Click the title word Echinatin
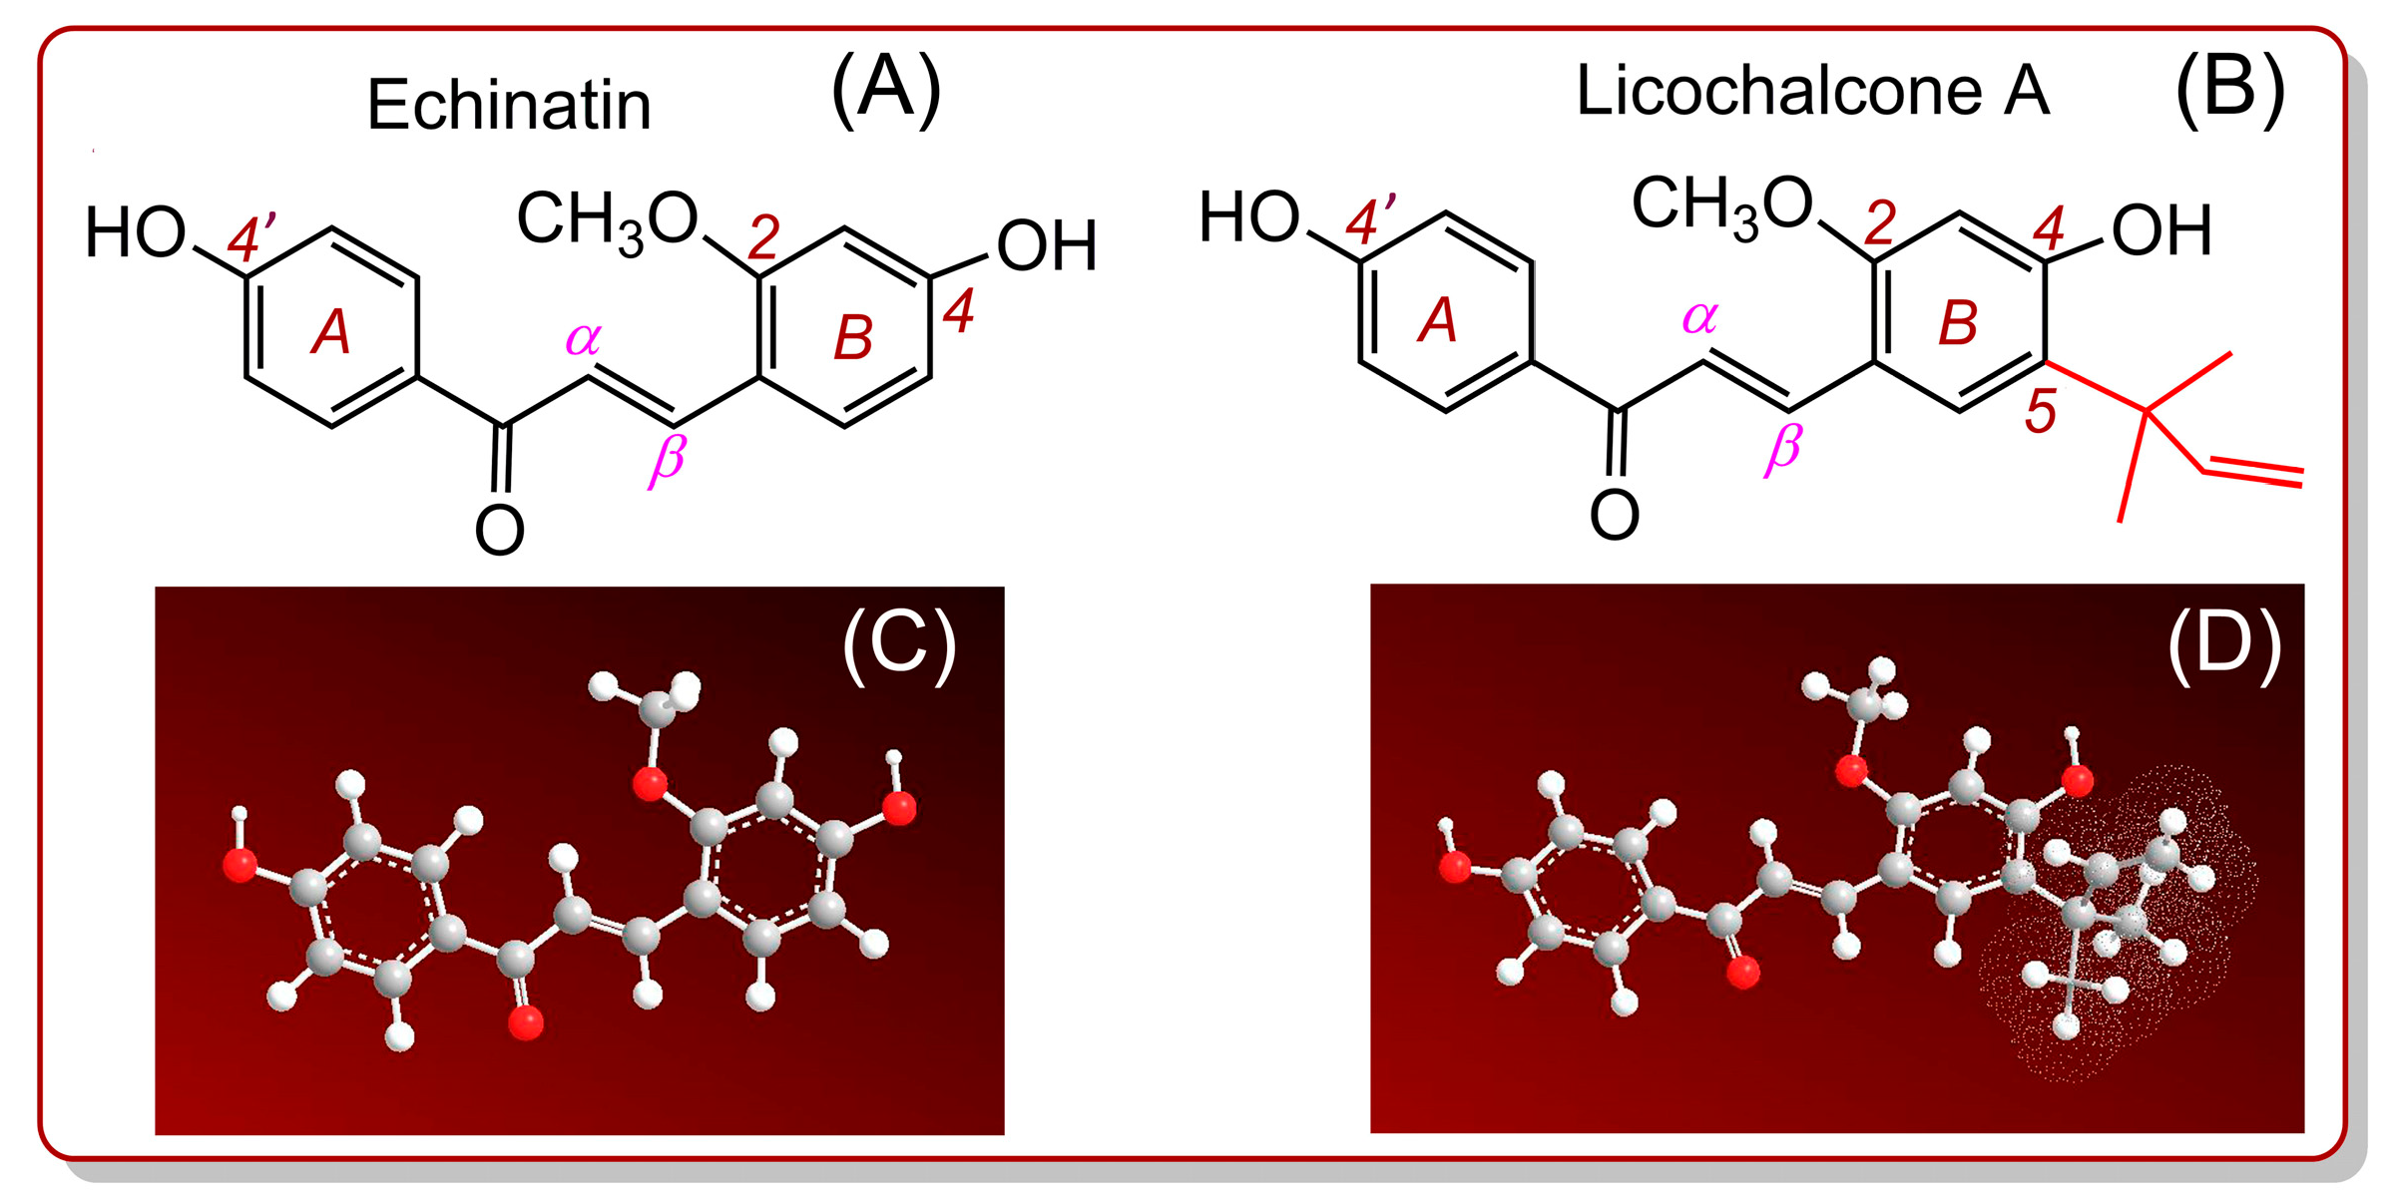click(x=509, y=105)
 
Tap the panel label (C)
click(x=899, y=645)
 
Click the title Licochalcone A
click(x=1811, y=92)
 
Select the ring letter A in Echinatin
click(x=331, y=332)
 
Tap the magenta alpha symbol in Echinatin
click(x=583, y=339)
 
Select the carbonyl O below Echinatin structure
click(x=499, y=531)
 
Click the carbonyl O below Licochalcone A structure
click(x=1614, y=516)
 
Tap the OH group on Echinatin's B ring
click(x=1047, y=246)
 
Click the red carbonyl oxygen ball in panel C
click(x=526, y=1022)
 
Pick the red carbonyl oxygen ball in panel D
click(x=1743, y=972)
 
